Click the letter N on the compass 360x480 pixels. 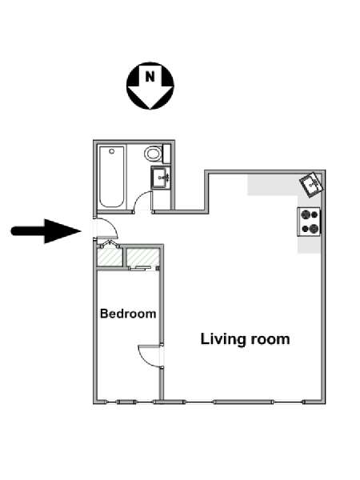(x=150, y=77)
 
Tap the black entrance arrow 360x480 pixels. (x=46, y=231)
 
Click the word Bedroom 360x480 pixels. (x=128, y=314)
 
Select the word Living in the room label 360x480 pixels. (x=223, y=339)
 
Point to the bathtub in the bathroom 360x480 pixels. (x=112, y=177)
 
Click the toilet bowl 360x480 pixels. (x=154, y=154)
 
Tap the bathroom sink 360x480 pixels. (x=159, y=178)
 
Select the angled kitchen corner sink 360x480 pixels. (x=311, y=184)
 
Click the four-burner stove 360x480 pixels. (x=309, y=222)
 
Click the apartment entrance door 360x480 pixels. (x=106, y=227)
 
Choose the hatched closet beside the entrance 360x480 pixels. (x=110, y=257)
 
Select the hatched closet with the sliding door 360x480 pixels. (x=143, y=257)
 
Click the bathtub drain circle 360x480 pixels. (x=112, y=151)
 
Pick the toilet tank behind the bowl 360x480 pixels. (x=167, y=154)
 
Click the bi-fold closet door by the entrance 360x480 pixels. (x=108, y=244)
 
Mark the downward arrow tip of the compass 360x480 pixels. (x=150, y=109)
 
